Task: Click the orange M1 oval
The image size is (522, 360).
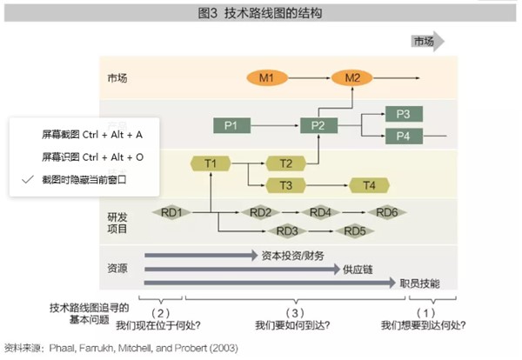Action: [x=266, y=78]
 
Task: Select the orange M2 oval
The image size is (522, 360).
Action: [x=351, y=78]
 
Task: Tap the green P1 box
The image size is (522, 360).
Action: [x=231, y=126]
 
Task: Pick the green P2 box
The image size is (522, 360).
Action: [x=318, y=126]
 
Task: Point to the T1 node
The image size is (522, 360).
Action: [x=211, y=163]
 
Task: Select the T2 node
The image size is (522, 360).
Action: [x=285, y=163]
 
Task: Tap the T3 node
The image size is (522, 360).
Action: [x=285, y=184]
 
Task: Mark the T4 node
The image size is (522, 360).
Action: [x=369, y=184]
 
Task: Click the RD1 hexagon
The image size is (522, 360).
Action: [x=171, y=213]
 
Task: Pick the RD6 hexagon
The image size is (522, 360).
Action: [x=387, y=213]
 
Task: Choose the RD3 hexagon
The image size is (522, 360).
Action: [x=289, y=230]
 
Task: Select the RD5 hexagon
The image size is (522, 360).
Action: [x=355, y=230]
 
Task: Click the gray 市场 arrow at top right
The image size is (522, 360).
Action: [x=426, y=42]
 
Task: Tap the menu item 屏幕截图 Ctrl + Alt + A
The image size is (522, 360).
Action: [x=92, y=136]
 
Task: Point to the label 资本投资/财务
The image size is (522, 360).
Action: [x=292, y=256]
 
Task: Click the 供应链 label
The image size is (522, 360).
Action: [x=358, y=270]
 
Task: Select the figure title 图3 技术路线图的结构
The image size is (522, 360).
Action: [x=260, y=13]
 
